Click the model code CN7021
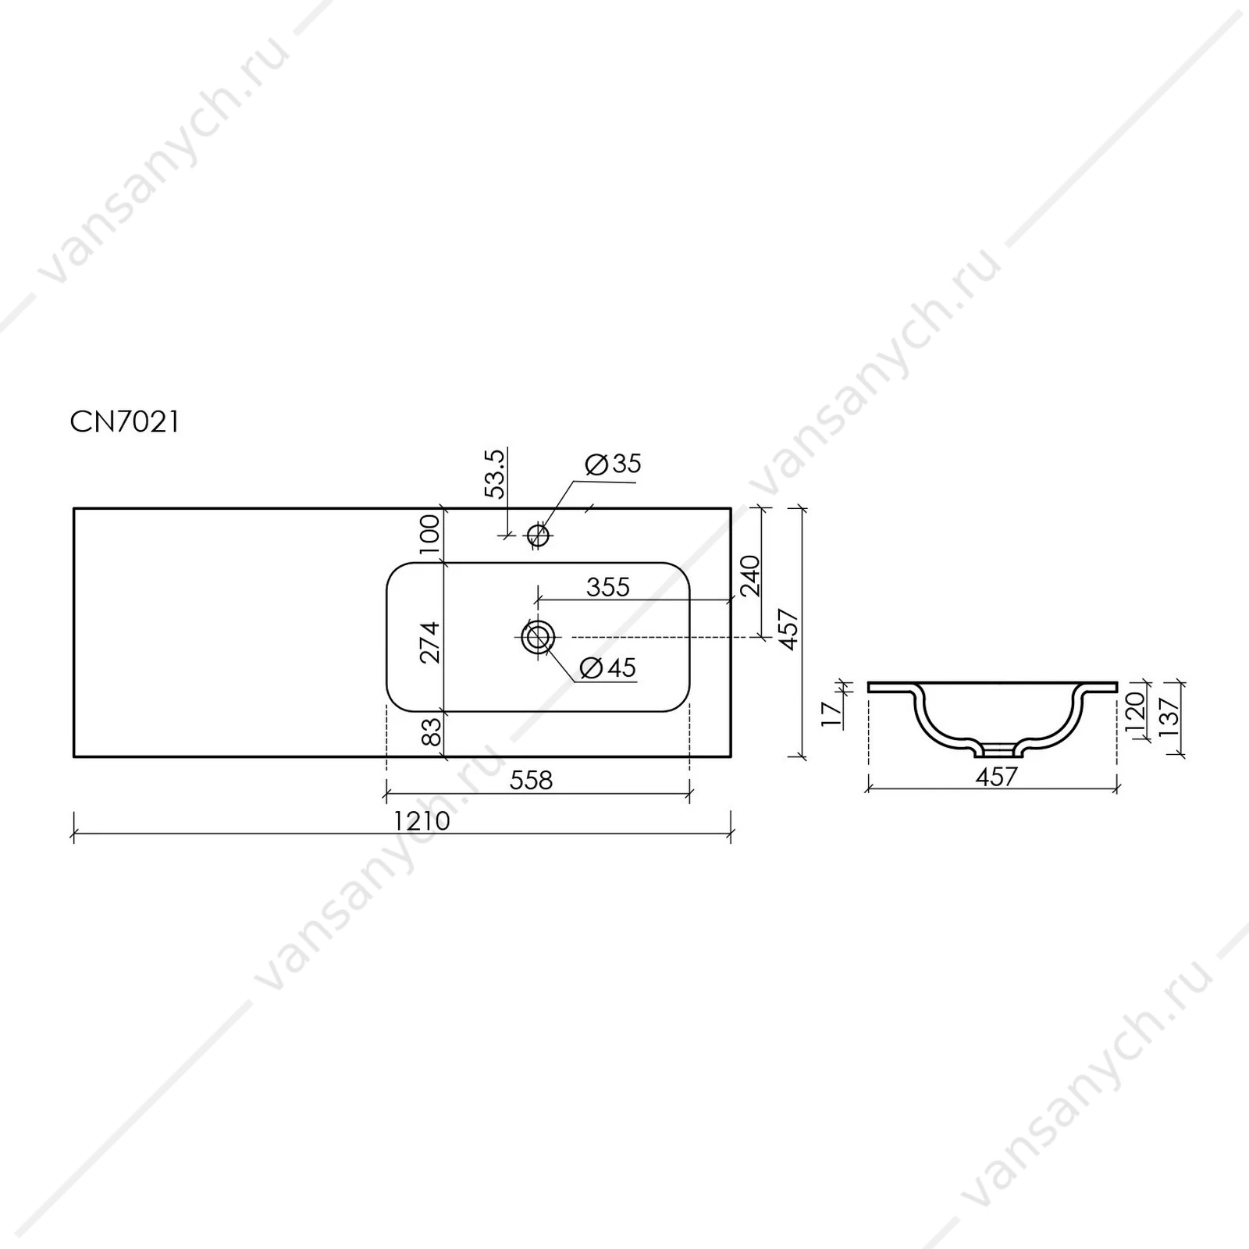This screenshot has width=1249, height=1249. coord(125,422)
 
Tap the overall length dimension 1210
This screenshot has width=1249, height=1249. coord(422,821)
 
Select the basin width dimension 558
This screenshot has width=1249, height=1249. coord(531,780)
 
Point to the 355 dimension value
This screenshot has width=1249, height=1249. coord(607,587)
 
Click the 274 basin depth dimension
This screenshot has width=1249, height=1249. coord(430,642)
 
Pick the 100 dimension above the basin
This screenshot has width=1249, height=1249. coord(430,534)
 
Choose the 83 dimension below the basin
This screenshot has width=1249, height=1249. coord(431,732)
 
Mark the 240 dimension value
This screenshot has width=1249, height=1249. coord(750,575)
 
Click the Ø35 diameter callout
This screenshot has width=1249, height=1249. coord(613,464)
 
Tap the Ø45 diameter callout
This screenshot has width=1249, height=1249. coord(609,668)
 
